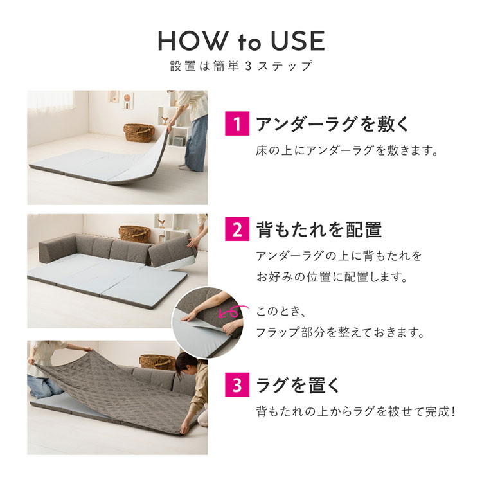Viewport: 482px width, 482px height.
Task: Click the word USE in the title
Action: [x=298, y=41]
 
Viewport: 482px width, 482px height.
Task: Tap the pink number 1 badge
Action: [x=237, y=123]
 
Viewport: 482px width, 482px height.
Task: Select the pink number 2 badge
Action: [x=237, y=229]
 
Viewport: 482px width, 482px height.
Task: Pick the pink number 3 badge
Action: [x=237, y=384]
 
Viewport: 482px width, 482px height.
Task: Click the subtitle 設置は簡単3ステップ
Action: [x=241, y=66]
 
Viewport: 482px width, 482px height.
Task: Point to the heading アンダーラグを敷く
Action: [x=333, y=124]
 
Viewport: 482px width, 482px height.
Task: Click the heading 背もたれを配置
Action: [x=319, y=229]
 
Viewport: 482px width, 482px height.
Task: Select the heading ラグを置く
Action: [x=298, y=385]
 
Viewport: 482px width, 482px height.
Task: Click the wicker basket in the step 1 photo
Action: [x=139, y=132]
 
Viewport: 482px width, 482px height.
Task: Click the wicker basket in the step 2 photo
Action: [x=134, y=234]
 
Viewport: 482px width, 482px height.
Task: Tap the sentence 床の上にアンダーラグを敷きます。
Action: [x=347, y=151]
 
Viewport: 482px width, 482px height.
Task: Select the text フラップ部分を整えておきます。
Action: [x=340, y=332]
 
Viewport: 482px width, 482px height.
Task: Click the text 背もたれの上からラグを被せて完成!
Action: [x=355, y=411]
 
